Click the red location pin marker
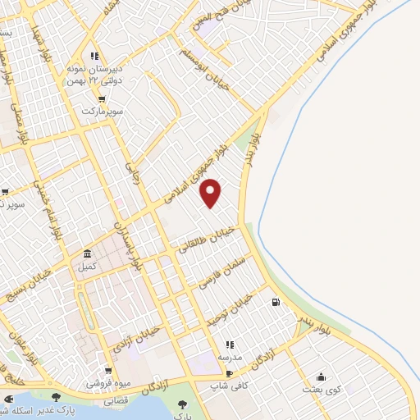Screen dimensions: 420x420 212,192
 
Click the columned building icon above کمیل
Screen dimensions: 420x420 87,254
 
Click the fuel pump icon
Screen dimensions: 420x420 274,302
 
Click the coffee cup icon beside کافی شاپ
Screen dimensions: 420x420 217,373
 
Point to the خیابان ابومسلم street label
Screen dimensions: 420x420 220,71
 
